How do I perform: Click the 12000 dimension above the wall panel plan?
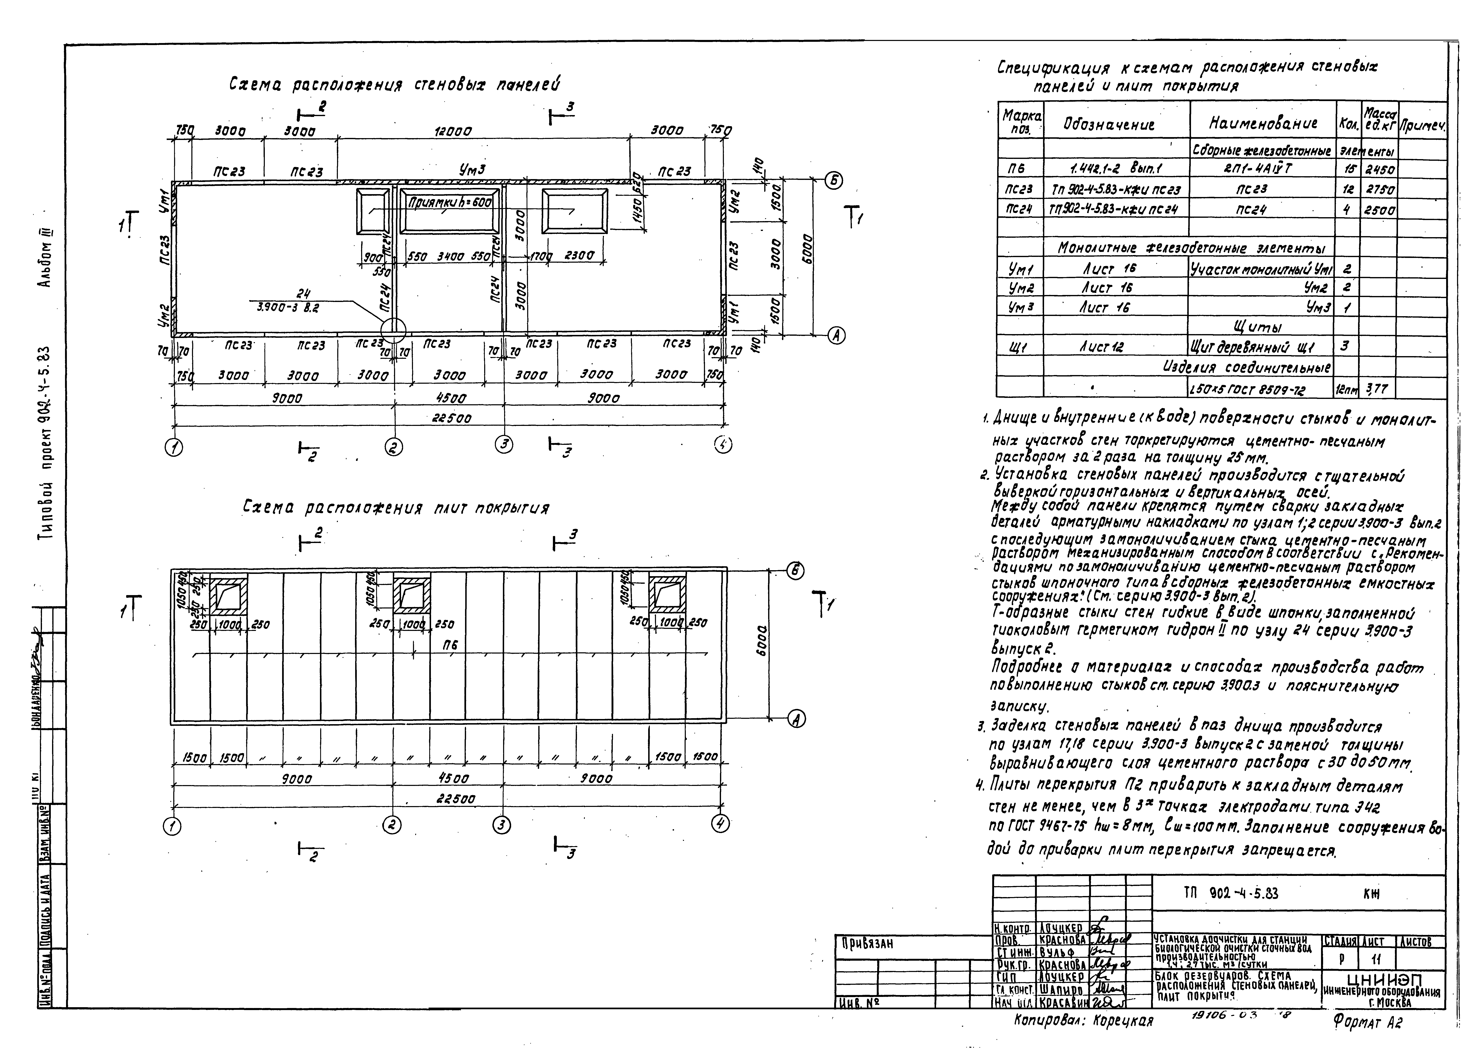click(452, 132)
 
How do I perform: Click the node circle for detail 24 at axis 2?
click(393, 330)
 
